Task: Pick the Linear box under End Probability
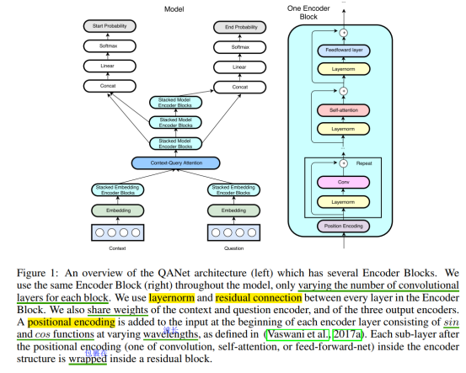pos(240,67)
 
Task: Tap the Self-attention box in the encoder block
pos(344,109)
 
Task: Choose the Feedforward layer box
pos(344,51)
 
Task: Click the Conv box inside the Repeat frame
pos(344,181)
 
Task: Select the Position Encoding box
pos(344,226)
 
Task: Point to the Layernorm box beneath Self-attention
pos(344,130)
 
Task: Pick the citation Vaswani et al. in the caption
pos(293,333)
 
